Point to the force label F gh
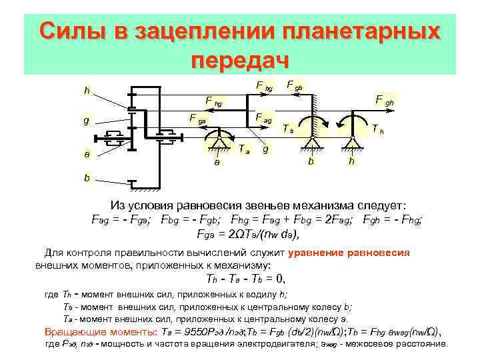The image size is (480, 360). coord(385,100)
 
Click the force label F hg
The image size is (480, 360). coord(214,102)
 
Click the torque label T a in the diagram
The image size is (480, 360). coord(245,148)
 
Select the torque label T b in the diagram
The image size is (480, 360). coord(287,128)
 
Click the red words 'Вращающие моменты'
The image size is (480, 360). coord(97,331)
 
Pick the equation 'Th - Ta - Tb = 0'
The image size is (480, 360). coord(246,278)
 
